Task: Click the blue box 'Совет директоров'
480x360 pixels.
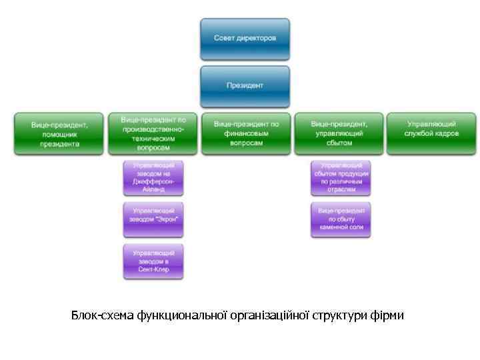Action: tap(245, 39)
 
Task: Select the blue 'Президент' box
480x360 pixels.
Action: tap(245, 85)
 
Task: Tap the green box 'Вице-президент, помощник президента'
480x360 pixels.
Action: tap(59, 133)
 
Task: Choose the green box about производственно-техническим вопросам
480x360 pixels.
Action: tap(153, 133)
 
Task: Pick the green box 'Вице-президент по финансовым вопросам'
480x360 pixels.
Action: tap(246, 133)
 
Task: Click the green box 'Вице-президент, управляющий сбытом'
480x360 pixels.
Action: tap(339, 133)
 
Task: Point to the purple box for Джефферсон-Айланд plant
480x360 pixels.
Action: tap(153, 177)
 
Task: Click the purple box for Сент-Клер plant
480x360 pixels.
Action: tap(153, 261)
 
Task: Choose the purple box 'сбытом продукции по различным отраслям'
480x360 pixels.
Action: tap(341, 177)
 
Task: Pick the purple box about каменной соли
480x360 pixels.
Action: tap(341, 219)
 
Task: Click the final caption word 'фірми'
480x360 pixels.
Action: tap(389, 315)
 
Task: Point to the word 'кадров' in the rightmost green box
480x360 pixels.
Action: tap(446, 134)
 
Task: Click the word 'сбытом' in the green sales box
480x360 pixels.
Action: tap(339, 143)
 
